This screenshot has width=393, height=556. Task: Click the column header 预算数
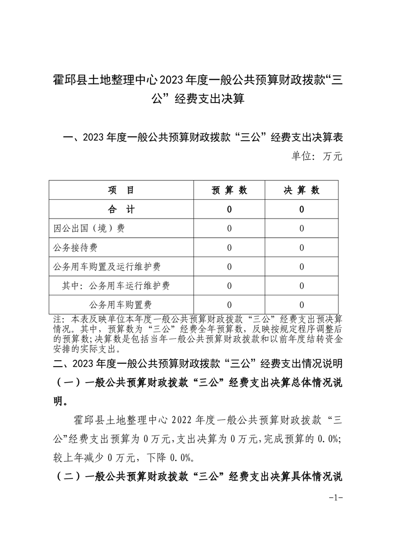[229, 190]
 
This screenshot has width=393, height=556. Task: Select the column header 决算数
[301, 190]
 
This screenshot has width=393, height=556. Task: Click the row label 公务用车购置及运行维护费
[107, 267]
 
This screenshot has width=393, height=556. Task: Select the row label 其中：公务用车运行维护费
[116, 286]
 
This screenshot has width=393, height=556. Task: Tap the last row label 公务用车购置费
[120, 305]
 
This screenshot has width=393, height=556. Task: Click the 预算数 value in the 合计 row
[229, 210]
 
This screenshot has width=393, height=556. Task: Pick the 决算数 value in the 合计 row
[301, 210]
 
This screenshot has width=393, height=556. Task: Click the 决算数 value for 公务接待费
[301, 248]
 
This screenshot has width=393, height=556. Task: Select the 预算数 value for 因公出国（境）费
[229, 228]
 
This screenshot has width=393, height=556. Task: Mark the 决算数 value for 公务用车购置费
[301, 305]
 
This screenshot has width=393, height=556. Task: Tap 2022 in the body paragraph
[183, 421]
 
